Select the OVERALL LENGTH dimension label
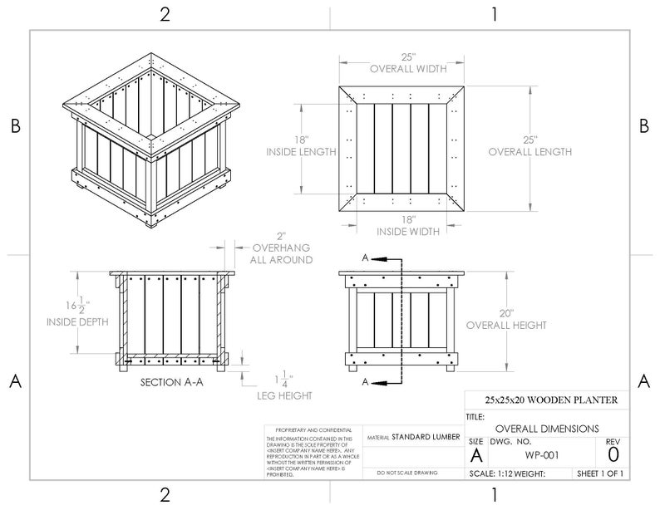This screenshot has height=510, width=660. pos(529,152)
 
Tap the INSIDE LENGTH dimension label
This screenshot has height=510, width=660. pos(301,153)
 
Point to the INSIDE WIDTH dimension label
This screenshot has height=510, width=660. pos(408,232)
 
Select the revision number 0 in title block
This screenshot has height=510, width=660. pos(613,454)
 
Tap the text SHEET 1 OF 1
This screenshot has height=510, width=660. pos(599,474)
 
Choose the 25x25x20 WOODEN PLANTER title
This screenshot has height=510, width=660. pos(545,400)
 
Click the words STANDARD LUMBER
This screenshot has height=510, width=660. pos(423,436)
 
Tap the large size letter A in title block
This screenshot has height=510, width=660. pos(475,455)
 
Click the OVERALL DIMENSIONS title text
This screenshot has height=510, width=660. pos(540,428)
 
